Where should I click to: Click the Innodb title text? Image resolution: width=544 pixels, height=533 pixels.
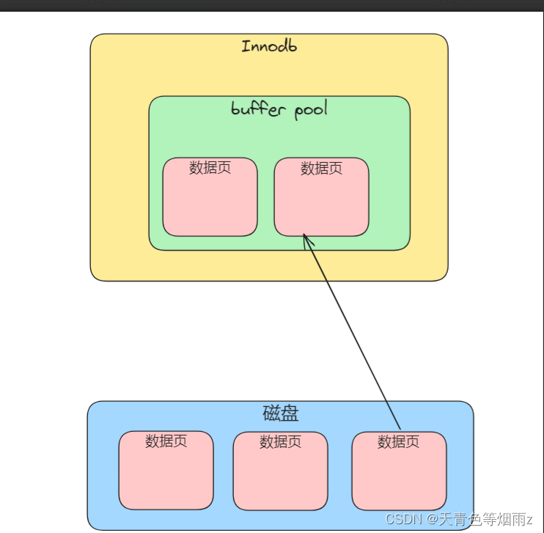pyautogui.click(x=269, y=46)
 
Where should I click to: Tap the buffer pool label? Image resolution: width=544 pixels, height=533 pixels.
pyautogui.click(x=279, y=110)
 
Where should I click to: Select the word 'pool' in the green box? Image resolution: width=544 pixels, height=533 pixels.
pyautogui.click(x=310, y=111)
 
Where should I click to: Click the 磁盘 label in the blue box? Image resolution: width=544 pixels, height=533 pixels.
pyautogui.click(x=281, y=413)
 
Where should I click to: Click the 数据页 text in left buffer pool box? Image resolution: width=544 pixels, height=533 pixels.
pyautogui.click(x=210, y=168)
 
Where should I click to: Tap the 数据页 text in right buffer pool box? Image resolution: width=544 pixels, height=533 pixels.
pyautogui.click(x=321, y=169)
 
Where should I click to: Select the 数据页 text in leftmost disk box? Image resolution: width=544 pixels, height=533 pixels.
pyautogui.click(x=166, y=441)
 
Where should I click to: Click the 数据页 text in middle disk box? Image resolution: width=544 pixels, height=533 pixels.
pyautogui.click(x=280, y=442)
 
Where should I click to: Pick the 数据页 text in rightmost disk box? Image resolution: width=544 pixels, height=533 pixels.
pyautogui.click(x=398, y=442)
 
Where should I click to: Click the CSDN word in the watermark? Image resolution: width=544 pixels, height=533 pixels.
pyautogui.click(x=401, y=520)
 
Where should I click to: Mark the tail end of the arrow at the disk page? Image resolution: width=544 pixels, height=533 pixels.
pyautogui.click(x=400, y=429)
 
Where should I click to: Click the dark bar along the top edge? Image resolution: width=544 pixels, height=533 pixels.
pyautogui.click(x=272, y=4)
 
